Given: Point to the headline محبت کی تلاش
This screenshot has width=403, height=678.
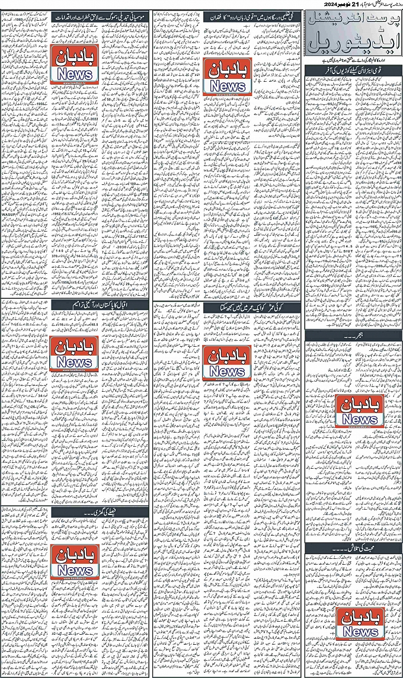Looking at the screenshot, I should click(x=353, y=548).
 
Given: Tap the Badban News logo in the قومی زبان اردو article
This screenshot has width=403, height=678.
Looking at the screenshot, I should click(x=226, y=75).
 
